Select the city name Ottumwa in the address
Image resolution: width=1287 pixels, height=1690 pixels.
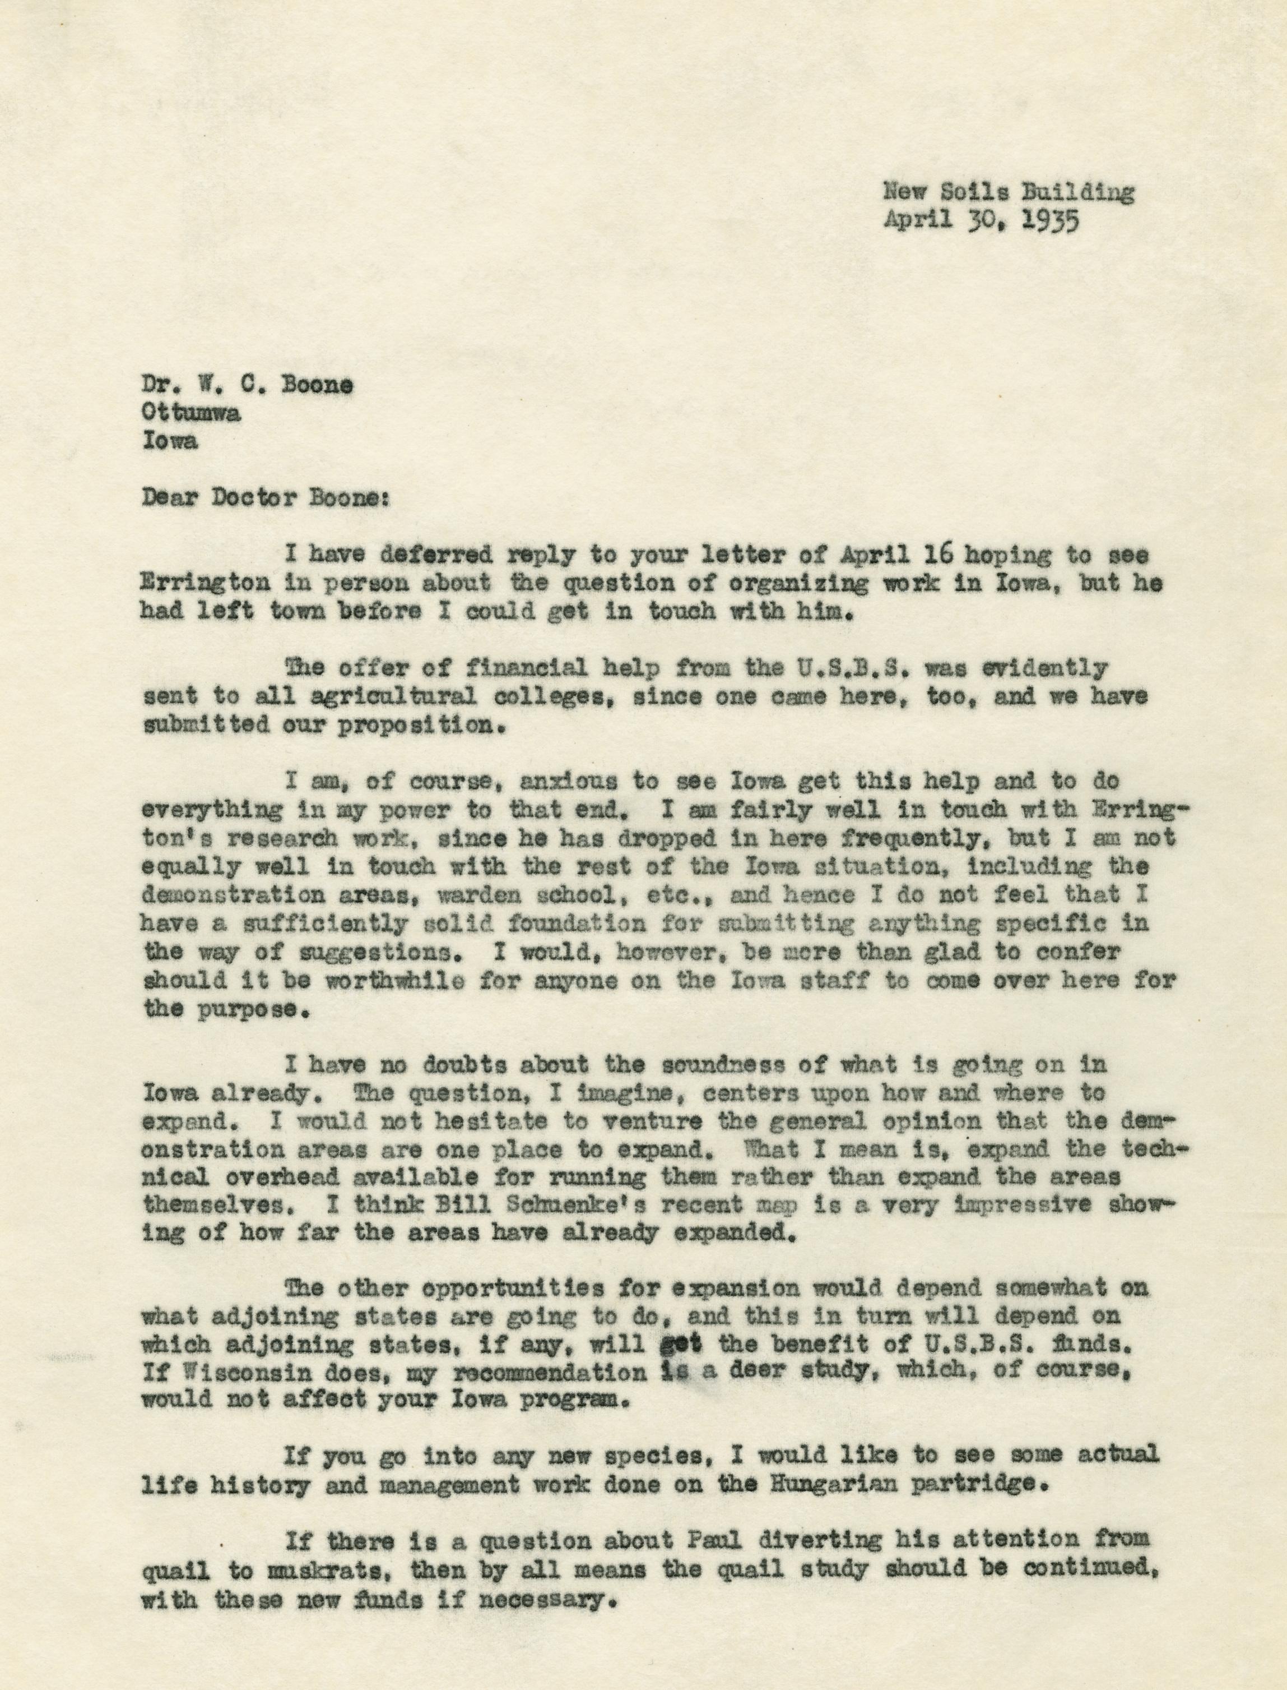[x=190, y=413]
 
